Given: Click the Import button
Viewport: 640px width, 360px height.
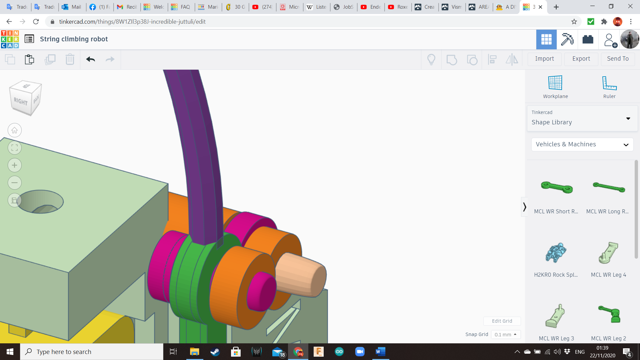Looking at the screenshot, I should point(544,59).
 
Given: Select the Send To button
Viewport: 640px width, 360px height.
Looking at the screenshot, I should point(618,59).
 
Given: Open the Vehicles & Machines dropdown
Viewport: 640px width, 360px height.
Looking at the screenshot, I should point(582,144).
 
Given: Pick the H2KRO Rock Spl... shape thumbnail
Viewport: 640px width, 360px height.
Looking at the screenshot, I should point(556,253).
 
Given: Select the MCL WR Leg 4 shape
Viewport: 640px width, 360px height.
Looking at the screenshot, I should point(608,253).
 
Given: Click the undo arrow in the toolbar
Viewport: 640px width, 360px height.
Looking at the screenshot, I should point(90,59).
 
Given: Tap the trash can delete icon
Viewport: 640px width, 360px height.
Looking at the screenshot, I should point(70,59).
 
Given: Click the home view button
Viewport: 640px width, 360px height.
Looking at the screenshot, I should point(15,130).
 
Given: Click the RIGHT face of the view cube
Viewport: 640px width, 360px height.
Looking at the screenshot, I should point(21,101).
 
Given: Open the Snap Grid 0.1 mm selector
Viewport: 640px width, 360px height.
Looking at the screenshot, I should point(505,334).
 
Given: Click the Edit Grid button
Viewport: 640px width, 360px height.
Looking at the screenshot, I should point(502,321).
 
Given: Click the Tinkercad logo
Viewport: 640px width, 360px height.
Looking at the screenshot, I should point(10,39).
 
